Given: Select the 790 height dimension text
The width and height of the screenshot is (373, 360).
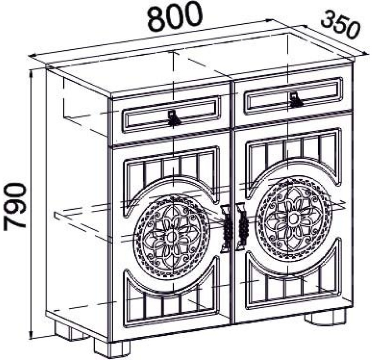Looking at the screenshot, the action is pyautogui.click(x=14, y=206).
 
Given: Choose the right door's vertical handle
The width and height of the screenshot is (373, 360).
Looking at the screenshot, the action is pyautogui.click(x=242, y=226).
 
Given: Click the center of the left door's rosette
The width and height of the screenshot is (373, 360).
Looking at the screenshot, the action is pyautogui.click(x=172, y=237).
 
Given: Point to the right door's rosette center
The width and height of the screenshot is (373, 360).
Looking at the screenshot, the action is pyautogui.click(x=293, y=217).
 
